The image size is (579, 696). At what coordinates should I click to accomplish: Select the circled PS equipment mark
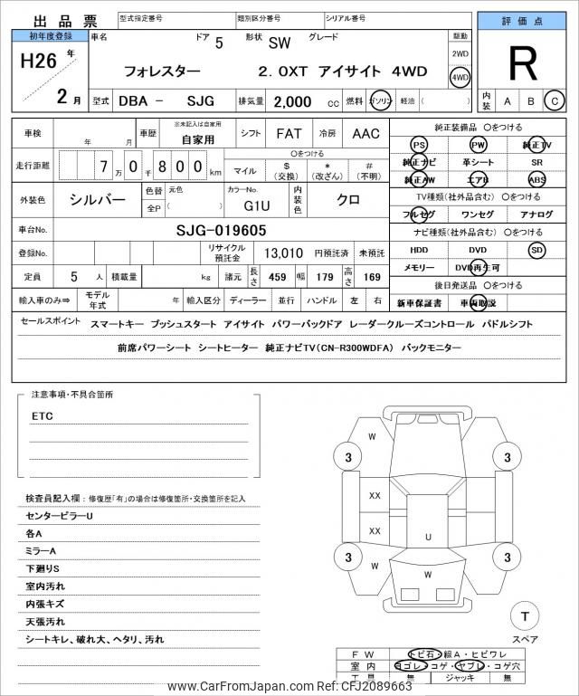419,145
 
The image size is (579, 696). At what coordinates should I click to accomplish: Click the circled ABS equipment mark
536,179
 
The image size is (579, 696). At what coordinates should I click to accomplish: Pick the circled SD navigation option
536,249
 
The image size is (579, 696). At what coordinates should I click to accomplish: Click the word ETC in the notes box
43,416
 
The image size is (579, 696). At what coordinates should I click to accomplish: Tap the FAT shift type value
289,134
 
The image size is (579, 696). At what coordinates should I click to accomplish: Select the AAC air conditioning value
365,134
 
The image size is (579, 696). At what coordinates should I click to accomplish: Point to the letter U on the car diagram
428,537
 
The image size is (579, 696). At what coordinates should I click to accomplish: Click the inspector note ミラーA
41,550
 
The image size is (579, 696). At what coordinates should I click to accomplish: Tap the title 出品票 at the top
53,21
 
